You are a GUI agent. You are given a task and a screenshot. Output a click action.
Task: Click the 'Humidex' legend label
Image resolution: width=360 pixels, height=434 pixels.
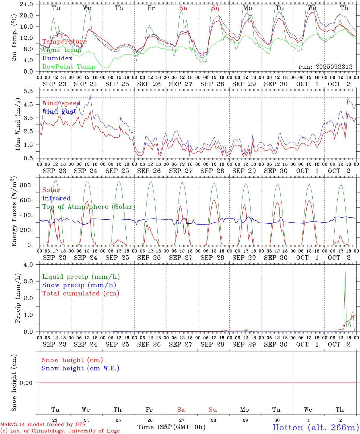click(57, 58)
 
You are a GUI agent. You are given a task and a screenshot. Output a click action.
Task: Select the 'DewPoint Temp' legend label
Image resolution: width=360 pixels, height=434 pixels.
click(69, 67)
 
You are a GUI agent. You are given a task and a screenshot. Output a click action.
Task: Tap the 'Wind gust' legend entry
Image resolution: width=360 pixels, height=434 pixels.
click(59, 112)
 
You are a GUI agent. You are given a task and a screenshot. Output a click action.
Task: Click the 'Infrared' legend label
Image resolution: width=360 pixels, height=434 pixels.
click(56, 198)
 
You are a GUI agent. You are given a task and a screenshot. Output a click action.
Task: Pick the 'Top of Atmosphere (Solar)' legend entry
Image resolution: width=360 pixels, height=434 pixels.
click(89, 207)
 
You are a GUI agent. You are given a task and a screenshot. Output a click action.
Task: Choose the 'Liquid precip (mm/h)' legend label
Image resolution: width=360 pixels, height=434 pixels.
click(81, 277)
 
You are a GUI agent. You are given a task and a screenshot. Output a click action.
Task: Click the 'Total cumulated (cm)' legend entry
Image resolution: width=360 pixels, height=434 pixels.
click(81, 294)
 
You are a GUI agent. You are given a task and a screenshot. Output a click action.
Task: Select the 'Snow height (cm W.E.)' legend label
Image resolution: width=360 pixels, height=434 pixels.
click(81, 368)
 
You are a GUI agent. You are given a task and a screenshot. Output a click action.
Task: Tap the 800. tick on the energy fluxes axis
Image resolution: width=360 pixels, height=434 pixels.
click(26, 185)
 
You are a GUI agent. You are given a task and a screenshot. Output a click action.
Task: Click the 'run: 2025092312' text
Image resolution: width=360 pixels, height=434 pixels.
click(325, 67)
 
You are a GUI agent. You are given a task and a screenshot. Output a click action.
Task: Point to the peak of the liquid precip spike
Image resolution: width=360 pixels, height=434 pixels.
click(345, 271)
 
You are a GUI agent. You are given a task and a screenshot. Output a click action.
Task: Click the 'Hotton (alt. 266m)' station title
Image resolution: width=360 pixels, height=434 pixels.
click(316, 427)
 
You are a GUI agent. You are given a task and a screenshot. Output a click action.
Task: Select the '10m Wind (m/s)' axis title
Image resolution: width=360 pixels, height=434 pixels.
click(18, 124)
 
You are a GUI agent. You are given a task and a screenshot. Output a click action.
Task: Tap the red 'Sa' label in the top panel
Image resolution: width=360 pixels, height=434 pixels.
click(183, 8)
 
